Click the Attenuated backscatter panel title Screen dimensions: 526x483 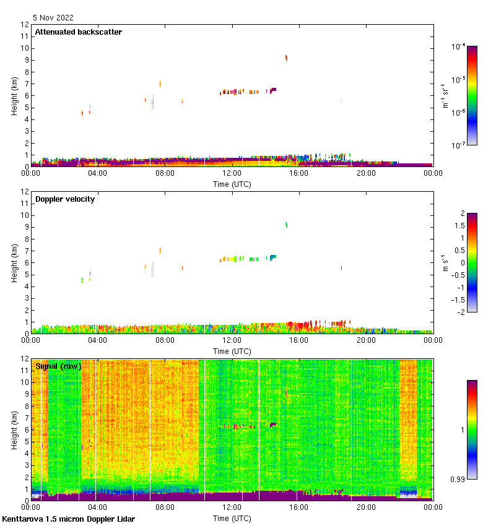78,32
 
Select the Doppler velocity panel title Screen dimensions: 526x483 65,199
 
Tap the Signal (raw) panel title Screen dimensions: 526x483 58,366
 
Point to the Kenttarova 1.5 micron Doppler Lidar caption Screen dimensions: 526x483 68,519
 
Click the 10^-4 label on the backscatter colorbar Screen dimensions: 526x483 459,46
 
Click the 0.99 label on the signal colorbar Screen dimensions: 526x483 458,479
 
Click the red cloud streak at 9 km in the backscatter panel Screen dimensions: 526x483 286,58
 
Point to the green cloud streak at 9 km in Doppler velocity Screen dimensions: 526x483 286,225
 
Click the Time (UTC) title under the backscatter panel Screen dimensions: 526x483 232,184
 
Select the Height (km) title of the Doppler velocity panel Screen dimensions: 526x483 14,263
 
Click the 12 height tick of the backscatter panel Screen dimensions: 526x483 25,25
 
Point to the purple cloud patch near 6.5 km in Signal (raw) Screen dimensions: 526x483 273,425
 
